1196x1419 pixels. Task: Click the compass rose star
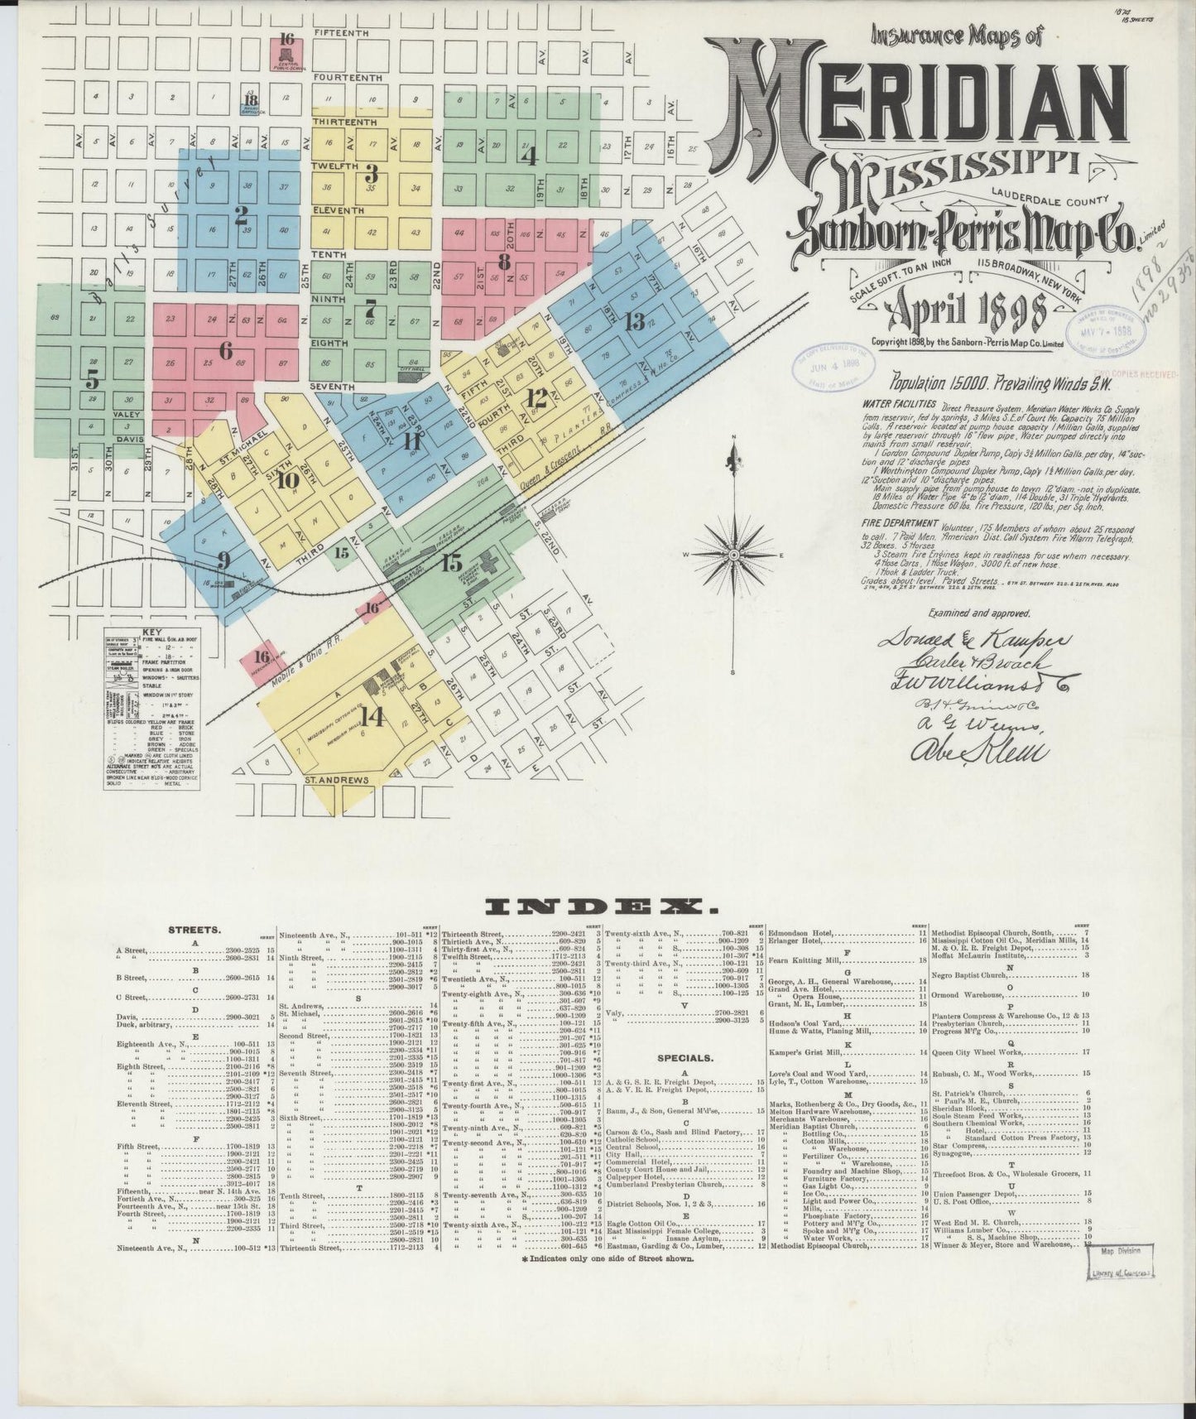point(733,552)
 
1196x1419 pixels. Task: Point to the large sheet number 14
point(372,717)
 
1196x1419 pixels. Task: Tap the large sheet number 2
point(241,217)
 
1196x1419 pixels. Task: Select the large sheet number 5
point(93,379)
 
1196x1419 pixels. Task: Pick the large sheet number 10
point(288,479)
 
